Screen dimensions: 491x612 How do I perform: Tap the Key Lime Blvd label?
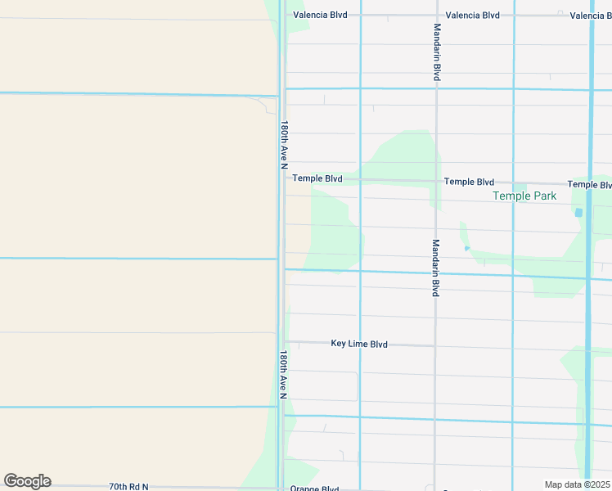tap(358, 345)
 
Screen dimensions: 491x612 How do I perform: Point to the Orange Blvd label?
tap(314, 489)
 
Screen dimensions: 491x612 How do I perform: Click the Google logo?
tap(27, 481)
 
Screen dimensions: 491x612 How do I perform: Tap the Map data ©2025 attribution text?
tap(577, 484)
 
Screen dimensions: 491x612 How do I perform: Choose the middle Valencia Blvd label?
tap(473, 16)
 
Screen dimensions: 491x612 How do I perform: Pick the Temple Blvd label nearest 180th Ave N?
tap(317, 178)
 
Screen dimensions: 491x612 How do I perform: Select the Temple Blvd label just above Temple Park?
tap(469, 182)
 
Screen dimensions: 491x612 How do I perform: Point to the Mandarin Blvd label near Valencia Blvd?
tap(438, 52)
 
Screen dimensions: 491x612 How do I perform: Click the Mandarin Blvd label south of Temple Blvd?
tap(436, 267)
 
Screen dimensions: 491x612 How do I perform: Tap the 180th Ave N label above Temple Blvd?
tap(285, 141)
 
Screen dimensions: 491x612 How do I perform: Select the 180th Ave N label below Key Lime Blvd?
tap(283, 375)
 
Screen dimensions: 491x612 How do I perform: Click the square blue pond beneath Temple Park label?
tap(579, 213)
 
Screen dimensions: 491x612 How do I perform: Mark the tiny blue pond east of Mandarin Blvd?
tap(467, 248)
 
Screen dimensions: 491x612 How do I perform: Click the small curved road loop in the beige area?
tap(268, 104)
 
